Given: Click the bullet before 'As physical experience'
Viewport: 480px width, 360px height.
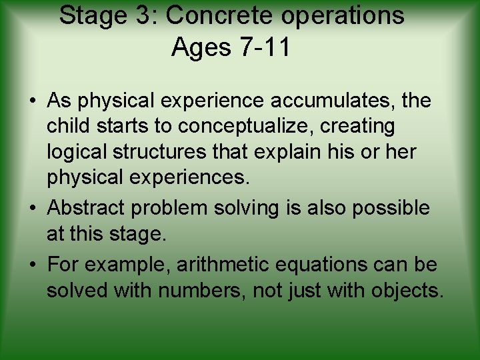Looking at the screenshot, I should pos(33,101).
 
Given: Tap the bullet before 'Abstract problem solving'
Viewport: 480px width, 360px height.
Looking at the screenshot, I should pos(33,209).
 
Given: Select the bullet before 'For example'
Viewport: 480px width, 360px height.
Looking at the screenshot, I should pos(33,265).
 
